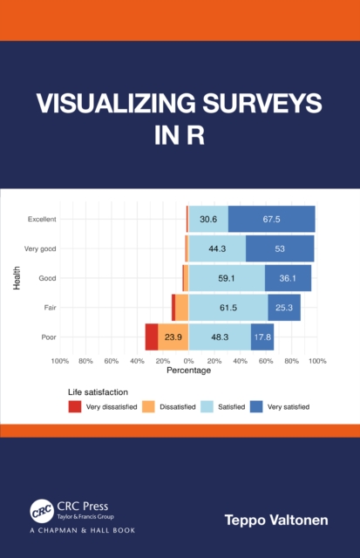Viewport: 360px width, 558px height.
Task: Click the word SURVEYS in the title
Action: point(262,105)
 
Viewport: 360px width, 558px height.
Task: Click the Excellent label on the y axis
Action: point(42,219)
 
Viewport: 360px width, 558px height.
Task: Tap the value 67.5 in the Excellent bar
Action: point(271,219)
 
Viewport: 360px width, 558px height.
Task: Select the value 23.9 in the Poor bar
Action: point(173,337)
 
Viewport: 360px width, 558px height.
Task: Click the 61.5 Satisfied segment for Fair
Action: point(228,308)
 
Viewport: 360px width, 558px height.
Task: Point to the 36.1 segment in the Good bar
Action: point(288,278)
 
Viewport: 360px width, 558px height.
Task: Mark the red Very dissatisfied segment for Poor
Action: point(152,337)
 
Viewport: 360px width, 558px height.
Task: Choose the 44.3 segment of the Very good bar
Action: point(217,248)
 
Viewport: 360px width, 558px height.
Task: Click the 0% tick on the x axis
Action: point(188,361)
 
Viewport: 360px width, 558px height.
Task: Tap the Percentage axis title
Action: point(188,371)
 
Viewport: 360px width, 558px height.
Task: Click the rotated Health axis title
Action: point(17,278)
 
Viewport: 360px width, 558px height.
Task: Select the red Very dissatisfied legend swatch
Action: point(76,406)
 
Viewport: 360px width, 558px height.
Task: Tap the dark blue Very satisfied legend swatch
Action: point(256,406)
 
